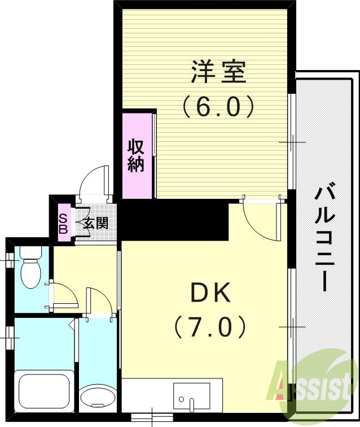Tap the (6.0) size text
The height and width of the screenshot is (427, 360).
coord(218,106)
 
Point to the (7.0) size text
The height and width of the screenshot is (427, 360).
coord(210,326)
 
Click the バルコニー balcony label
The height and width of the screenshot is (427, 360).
coord(323,237)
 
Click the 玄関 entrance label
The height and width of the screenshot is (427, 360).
coord(95,223)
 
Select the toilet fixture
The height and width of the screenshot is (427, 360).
coord(30,269)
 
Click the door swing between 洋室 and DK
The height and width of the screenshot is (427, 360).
coord(261,217)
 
